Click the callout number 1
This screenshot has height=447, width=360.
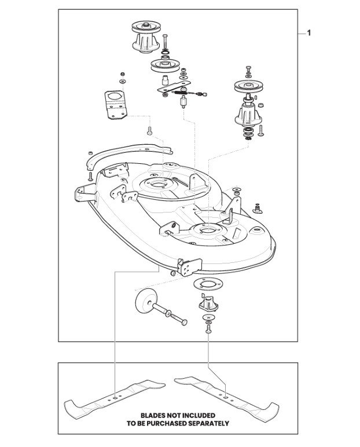[308, 33]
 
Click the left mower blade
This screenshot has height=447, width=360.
[115, 398]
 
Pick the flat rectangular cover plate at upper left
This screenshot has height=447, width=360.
[116, 105]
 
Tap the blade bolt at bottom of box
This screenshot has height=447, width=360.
[208, 331]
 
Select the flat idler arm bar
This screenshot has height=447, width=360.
[174, 86]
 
